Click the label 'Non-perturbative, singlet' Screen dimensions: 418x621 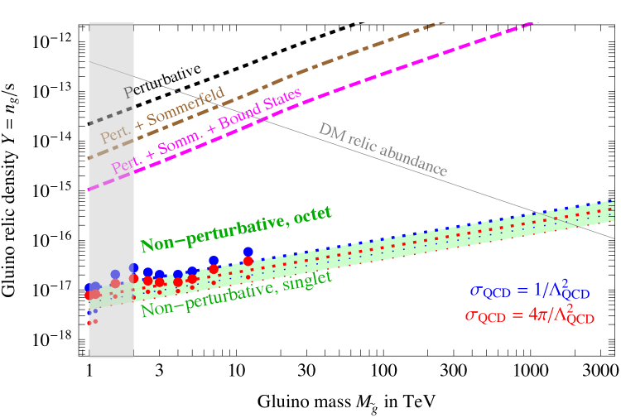236,294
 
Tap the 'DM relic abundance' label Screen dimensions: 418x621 383,149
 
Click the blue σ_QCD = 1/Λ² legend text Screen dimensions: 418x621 530,291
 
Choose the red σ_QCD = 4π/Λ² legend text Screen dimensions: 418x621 530,315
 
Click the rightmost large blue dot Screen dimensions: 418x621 248,252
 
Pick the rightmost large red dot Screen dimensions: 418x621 248,261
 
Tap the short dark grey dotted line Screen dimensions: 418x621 103,118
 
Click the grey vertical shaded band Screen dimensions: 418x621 111,207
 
